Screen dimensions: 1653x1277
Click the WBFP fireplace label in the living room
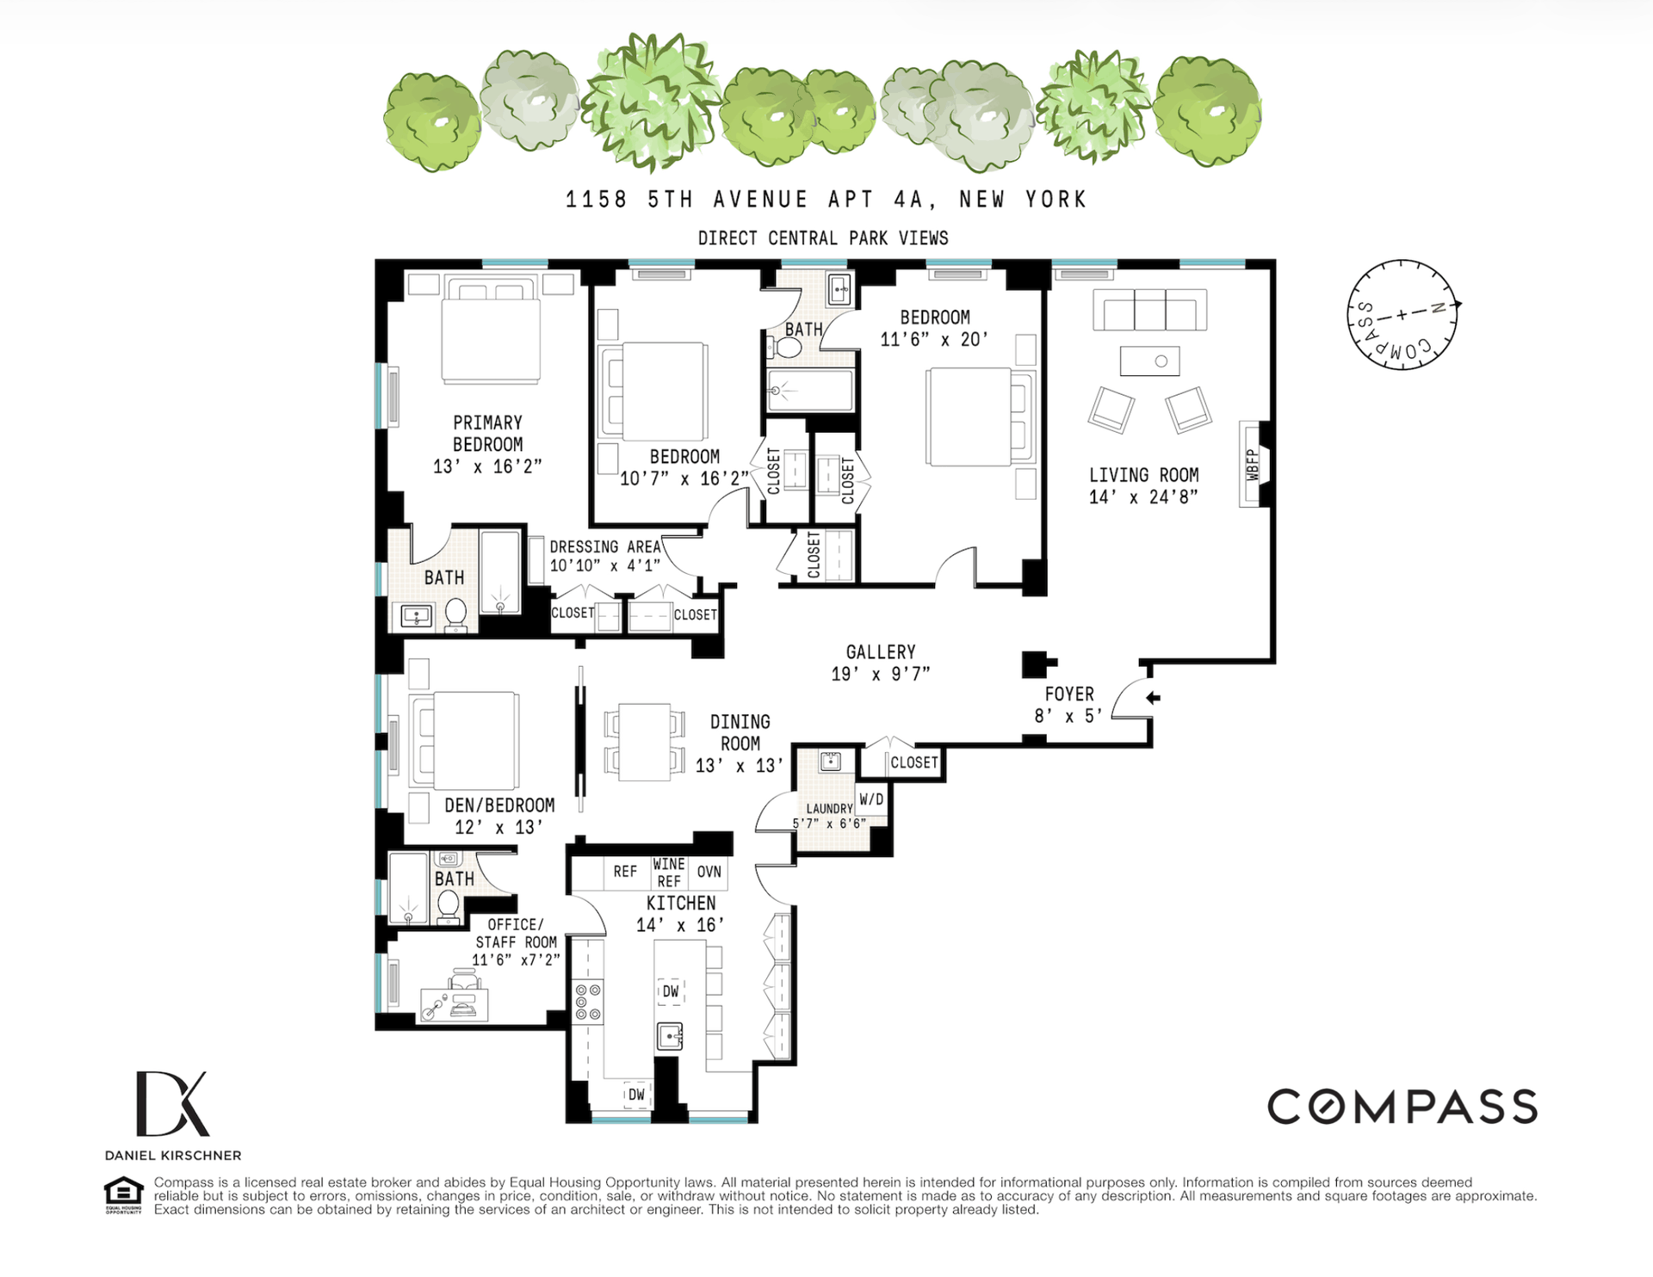point(1253,465)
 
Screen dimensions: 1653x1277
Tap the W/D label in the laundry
point(871,799)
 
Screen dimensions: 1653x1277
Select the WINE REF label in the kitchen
point(669,873)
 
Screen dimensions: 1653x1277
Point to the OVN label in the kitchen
point(709,872)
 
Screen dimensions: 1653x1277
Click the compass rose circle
point(1402,315)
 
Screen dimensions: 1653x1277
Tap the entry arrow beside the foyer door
point(1153,698)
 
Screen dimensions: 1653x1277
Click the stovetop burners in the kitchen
point(589,1002)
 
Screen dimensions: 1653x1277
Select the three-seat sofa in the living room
point(1150,310)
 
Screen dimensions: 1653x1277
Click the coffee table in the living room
point(1150,361)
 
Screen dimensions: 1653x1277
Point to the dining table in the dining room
point(645,742)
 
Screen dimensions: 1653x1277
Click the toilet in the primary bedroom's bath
point(455,615)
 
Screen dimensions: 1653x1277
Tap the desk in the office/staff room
point(454,1004)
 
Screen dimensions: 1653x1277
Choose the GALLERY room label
point(881,652)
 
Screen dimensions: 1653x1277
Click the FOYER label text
point(1069,694)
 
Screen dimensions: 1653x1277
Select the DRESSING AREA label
point(605,546)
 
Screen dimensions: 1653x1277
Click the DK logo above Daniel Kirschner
point(172,1103)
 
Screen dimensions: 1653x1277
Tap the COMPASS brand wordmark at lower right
point(1402,1107)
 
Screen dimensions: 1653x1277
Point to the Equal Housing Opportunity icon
point(123,1195)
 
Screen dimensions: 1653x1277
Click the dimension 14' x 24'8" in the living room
point(1143,497)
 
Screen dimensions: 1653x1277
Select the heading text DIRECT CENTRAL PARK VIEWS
point(823,238)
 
